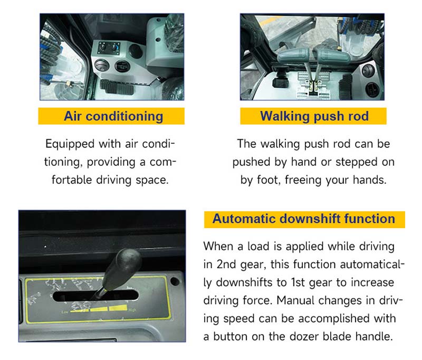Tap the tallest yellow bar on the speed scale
(118, 308)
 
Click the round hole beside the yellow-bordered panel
(175, 282)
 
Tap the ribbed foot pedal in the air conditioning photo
(116, 87)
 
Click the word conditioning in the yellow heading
(124, 116)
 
